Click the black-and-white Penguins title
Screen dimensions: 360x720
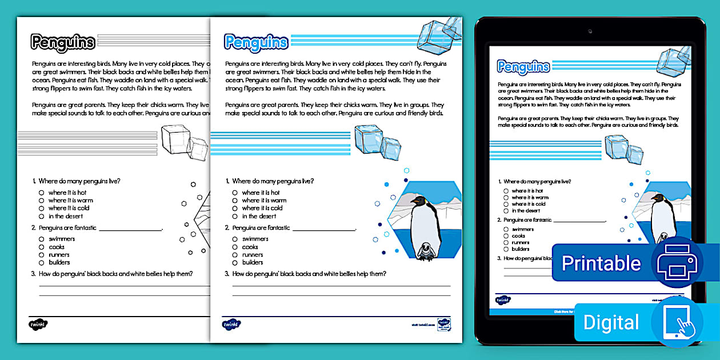coord(63,42)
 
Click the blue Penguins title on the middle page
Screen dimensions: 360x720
coord(256,42)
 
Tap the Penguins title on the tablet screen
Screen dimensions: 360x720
coord(523,67)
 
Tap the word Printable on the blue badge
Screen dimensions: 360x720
coord(601,263)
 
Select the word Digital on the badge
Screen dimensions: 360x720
coord(611,322)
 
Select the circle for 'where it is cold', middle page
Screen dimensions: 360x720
coord(235,209)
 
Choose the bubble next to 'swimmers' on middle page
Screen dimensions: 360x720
coord(235,239)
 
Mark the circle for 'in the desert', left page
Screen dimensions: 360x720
coord(41,217)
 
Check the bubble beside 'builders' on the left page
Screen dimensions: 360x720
coord(41,263)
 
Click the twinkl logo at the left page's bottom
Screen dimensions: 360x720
coord(38,324)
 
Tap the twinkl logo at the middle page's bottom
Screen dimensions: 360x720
coord(231,324)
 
